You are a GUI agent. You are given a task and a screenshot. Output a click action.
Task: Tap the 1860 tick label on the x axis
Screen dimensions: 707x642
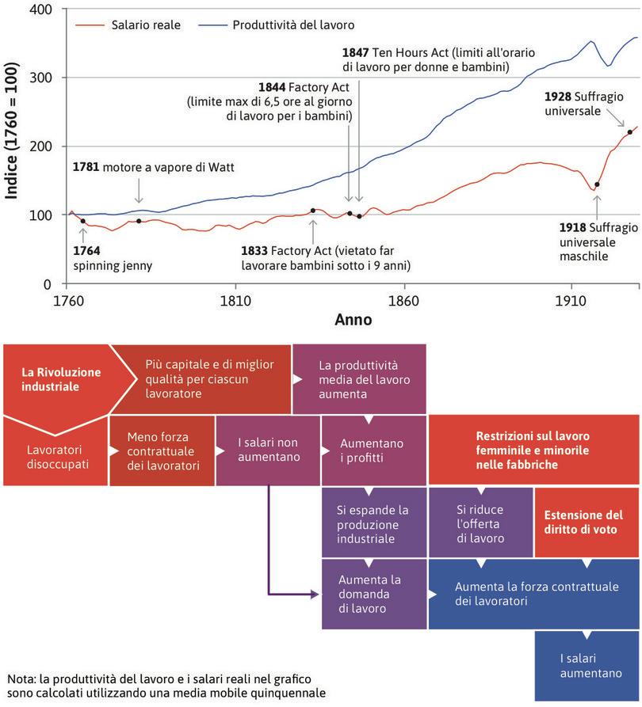[x=404, y=302]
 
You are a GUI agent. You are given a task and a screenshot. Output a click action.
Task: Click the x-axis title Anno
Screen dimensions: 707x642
[x=353, y=321]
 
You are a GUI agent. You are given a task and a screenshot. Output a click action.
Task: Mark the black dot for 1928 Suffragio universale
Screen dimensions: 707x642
[x=630, y=132]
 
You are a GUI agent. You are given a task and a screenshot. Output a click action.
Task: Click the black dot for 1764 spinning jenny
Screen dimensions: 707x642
[x=83, y=222]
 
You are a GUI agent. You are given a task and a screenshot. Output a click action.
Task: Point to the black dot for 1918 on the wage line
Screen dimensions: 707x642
[x=597, y=184]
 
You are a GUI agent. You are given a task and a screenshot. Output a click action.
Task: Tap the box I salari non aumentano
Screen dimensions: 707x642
[x=268, y=450]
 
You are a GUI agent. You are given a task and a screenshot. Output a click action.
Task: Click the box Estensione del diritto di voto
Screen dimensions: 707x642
[x=587, y=522]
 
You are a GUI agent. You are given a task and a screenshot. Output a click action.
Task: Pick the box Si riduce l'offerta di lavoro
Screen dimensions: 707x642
[x=480, y=524]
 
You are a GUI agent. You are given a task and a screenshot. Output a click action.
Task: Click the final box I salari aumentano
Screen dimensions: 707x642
[x=587, y=666]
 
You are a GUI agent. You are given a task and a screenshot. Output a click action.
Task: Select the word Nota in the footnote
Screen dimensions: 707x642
[x=20, y=678]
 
